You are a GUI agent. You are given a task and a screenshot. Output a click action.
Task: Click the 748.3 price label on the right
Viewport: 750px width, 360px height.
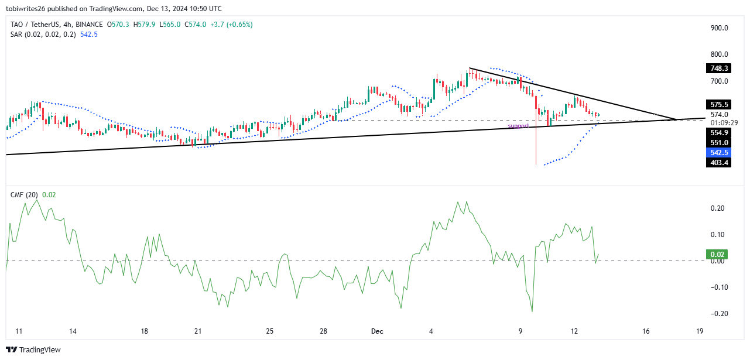(x=720, y=68)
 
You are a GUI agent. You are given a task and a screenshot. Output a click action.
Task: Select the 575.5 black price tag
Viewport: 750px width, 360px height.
(x=720, y=104)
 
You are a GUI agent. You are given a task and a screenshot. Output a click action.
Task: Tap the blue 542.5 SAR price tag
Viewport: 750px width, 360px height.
(x=720, y=152)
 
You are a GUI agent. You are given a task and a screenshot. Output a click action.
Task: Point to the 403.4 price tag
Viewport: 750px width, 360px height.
(x=720, y=163)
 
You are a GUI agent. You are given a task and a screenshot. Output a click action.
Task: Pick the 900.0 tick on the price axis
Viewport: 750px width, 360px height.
(x=720, y=28)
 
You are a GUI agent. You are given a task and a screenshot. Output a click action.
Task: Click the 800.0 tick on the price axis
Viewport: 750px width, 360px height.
(x=720, y=54)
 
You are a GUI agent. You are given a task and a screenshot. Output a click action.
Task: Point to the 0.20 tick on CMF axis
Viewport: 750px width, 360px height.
(x=718, y=208)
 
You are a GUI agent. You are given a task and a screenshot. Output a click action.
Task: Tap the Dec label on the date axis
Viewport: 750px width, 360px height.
(x=376, y=331)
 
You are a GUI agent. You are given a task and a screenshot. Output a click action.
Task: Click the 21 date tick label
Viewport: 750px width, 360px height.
(x=198, y=331)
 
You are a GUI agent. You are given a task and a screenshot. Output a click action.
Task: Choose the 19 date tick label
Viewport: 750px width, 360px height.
(x=700, y=331)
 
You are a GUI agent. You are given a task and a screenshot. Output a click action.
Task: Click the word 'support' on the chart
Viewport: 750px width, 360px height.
(x=518, y=126)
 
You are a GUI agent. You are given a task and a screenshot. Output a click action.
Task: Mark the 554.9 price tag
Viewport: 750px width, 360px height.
(x=720, y=133)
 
